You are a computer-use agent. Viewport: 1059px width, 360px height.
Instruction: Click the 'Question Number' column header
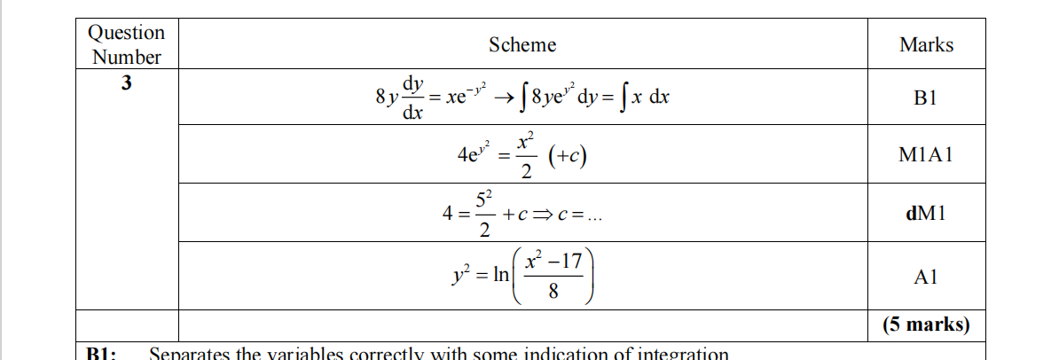127,44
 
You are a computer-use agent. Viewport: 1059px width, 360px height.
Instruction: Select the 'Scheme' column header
522,44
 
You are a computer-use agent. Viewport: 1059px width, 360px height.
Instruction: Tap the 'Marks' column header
926,44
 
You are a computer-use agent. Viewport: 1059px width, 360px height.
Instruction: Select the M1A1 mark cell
926,155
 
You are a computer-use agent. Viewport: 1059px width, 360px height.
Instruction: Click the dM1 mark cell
926,214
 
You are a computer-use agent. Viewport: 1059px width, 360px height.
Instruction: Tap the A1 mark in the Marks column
926,277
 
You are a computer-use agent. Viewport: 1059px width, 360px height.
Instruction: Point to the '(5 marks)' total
926,325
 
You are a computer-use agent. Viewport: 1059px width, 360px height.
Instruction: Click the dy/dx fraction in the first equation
412,98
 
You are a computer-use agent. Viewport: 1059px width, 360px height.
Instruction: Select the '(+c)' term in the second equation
568,156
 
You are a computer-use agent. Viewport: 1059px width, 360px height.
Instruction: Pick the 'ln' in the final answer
500,274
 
